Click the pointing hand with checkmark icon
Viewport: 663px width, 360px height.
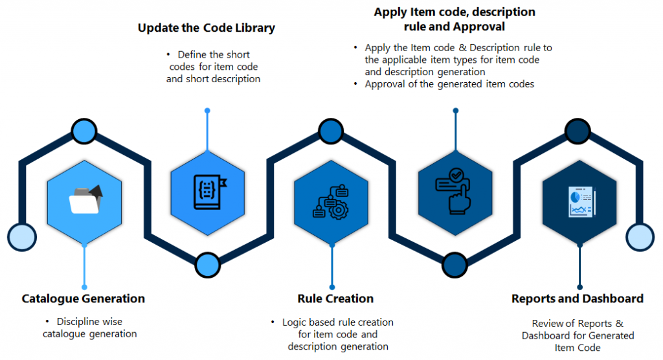456,191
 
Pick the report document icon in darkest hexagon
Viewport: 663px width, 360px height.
580,200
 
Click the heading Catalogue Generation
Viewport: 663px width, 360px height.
83,298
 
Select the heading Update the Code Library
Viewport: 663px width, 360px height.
207,28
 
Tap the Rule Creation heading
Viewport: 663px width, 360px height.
335,298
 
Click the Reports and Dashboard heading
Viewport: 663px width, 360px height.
578,298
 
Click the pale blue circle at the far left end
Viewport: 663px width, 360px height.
21,236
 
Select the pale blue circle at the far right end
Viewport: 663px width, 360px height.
640,236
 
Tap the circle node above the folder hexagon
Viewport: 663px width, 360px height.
84,131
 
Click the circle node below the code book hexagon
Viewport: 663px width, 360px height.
207,263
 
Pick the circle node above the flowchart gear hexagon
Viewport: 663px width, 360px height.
331,131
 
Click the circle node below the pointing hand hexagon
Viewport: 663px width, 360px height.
455,263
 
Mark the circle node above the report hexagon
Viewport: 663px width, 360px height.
578,131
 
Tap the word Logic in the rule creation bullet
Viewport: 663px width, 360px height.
295,322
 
